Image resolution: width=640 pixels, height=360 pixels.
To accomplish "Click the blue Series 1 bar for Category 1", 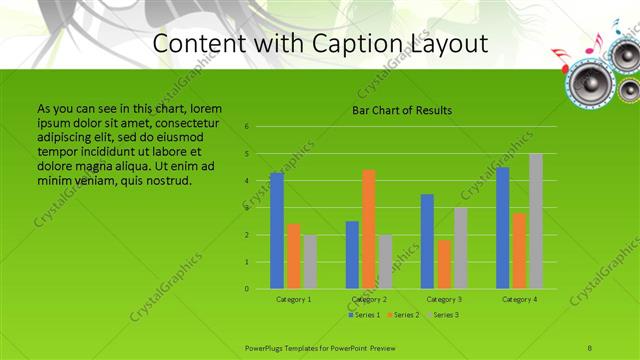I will tap(277, 231).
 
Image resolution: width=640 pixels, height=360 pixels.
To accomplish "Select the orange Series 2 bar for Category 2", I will tap(369, 230).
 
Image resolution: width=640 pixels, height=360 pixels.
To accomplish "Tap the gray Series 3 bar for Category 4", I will tap(536, 221).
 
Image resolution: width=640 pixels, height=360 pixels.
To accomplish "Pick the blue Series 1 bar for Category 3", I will tap(427, 242).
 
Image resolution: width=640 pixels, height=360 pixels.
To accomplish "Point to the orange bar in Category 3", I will tap(444, 264).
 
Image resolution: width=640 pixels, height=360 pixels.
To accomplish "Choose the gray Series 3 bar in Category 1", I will tap(310, 262).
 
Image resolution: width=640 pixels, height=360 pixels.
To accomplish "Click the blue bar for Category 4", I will tap(503, 228).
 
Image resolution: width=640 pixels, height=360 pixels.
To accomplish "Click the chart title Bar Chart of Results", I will tap(402, 110).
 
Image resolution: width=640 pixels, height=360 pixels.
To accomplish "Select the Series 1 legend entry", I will tap(365, 315).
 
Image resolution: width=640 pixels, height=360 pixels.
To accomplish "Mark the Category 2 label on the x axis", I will tap(370, 299).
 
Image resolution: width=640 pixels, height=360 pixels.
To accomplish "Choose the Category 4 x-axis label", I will tap(519, 299).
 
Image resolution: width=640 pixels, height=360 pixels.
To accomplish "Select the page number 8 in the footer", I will tap(590, 347).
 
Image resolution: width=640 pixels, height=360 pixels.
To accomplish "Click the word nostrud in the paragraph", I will tap(166, 181).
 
